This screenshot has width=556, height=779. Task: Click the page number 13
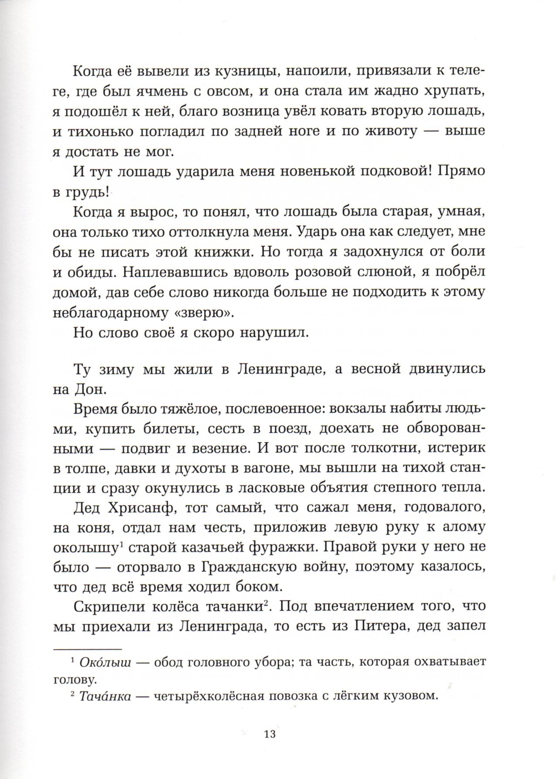point(270,735)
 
